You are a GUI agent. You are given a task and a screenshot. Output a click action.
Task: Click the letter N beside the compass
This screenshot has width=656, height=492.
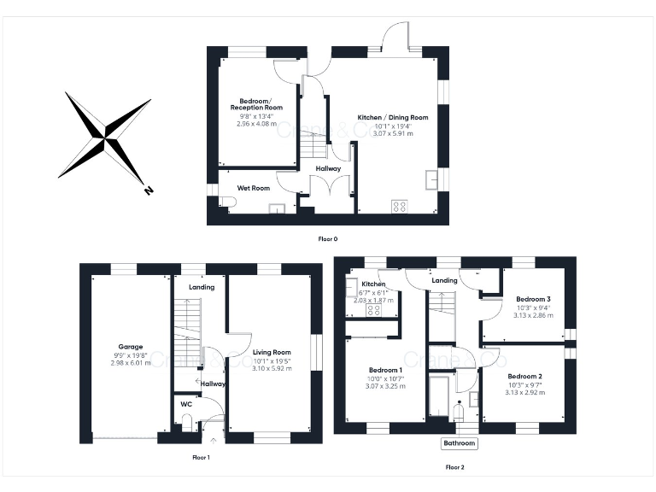(x=149, y=190)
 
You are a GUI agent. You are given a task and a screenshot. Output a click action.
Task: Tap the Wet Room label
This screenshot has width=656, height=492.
(x=254, y=187)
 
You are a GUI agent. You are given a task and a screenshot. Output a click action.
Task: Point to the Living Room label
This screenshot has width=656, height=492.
(x=272, y=352)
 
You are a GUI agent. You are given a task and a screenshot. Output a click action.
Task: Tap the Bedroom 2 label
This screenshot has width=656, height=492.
(x=524, y=376)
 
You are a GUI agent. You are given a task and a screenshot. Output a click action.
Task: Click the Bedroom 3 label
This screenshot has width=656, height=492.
(x=533, y=299)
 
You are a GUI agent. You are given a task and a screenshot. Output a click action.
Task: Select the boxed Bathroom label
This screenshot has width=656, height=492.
(x=459, y=443)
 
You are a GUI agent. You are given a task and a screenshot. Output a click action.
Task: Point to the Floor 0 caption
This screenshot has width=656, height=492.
(x=328, y=239)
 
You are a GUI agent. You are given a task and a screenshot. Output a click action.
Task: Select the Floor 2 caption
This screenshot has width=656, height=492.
(x=455, y=467)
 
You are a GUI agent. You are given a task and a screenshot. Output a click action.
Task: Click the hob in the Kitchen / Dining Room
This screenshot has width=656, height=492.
(x=399, y=206)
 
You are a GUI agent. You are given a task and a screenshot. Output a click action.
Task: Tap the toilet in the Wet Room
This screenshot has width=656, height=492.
(x=225, y=202)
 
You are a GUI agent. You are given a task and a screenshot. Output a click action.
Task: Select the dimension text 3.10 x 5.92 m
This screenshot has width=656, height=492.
(x=272, y=368)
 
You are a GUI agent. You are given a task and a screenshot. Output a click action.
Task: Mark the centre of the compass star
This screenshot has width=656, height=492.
(x=105, y=135)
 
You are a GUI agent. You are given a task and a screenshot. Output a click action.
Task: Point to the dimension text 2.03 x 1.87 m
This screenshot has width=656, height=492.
(x=374, y=300)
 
